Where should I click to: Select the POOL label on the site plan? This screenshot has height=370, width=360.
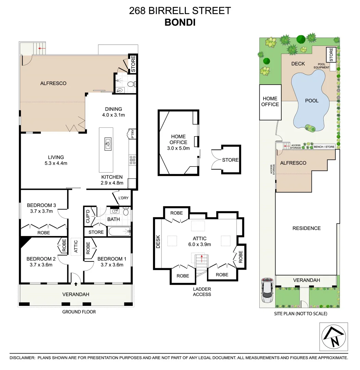point(312,101)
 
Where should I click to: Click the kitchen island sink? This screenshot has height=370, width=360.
point(108,144)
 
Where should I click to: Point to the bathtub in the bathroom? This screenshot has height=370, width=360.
point(120,232)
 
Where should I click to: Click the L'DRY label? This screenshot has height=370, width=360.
point(123,198)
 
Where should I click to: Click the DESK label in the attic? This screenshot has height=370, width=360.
point(158,243)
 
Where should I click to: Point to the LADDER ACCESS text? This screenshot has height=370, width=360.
point(202,292)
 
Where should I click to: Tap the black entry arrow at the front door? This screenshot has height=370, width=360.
point(75,284)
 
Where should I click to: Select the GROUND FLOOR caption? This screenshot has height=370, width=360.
point(79,312)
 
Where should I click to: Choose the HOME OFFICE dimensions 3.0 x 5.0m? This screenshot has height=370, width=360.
point(179,148)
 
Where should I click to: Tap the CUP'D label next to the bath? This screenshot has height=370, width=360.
point(88,216)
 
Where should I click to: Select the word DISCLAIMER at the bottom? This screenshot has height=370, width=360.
point(22,358)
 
